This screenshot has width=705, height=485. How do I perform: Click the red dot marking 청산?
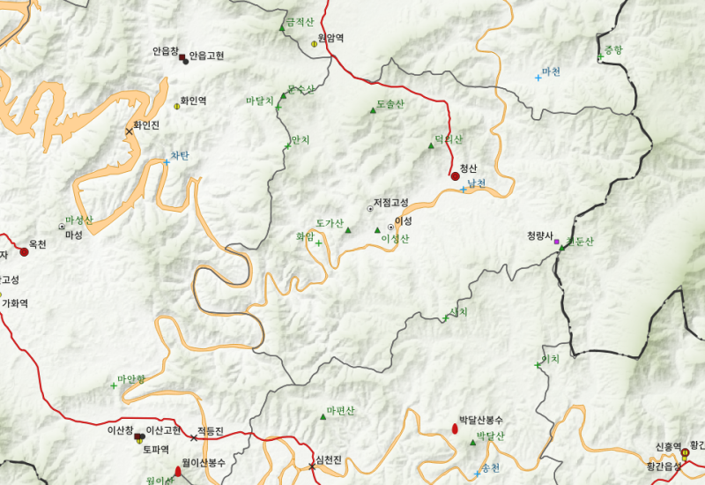tap(456, 176)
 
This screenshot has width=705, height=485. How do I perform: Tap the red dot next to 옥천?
tap(25, 252)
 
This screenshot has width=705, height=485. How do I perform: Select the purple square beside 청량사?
tap(556, 241)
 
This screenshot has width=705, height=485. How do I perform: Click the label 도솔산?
tap(390, 104)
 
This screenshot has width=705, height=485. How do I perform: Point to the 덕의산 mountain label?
tap(448, 139)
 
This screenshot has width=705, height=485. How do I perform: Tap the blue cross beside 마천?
tap(538, 78)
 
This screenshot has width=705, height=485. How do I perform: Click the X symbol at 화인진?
tap(130, 131)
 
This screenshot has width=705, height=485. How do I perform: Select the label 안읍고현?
tap(207, 56)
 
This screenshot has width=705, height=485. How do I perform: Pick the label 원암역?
tap(330, 38)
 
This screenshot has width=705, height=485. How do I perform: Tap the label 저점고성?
tap(391, 203)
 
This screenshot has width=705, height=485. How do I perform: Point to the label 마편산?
tap(340, 411)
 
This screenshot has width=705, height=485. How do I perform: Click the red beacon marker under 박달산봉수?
tap(455, 429)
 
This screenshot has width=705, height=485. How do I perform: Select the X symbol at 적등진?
tap(194, 437)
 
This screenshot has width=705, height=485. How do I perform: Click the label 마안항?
tap(131, 378)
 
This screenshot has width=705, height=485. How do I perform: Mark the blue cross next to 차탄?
tap(167, 161)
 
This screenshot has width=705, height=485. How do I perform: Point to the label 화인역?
tap(193, 101)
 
